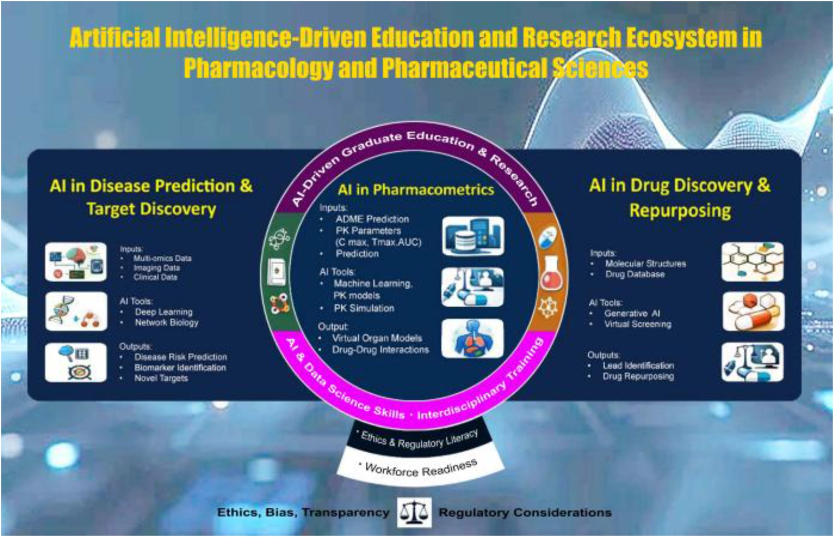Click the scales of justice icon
pos(414,512)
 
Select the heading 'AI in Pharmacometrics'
pos(416,189)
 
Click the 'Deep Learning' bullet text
pos(163,312)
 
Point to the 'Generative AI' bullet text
pos(632,313)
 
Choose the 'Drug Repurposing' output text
pos(638,376)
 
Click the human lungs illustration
pos(473,339)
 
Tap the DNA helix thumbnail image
pos(76,311)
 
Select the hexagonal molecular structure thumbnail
pos(753,262)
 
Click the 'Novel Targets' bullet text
pos(161,378)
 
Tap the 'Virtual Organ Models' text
pos(377,338)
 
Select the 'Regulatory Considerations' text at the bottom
pos(525,513)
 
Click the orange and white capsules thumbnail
pos(753,311)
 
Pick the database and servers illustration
pos(473,236)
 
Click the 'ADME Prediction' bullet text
pos(372,219)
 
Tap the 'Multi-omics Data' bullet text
pos(162,258)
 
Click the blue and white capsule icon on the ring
pos(546,236)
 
